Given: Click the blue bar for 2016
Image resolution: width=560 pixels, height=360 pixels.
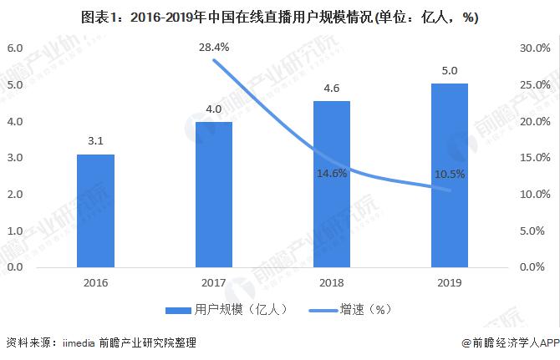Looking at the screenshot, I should tap(95, 210).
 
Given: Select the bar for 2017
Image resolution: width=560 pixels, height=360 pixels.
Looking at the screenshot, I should tap(213, 195).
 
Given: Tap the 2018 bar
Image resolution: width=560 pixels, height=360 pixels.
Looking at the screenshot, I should tap(332, 184).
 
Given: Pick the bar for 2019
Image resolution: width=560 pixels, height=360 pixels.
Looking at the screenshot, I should tap(450, 175).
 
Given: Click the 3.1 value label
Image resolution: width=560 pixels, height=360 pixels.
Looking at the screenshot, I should tap(95, 141).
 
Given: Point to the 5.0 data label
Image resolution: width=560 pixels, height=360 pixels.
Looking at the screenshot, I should tap(450, 70).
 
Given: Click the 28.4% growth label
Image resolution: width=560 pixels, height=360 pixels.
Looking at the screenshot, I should tap(215, 48).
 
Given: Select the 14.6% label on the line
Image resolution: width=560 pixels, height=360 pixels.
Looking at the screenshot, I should tap(332, 174).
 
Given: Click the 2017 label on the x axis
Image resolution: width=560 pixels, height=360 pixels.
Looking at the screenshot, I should tap(213, 282).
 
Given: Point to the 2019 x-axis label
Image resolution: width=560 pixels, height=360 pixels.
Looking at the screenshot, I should tap(450, 282).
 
